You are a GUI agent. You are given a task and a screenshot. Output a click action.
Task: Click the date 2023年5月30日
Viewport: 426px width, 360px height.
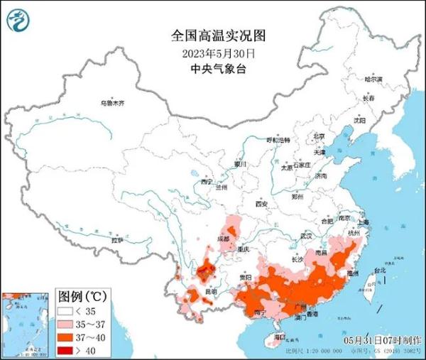(213, 53)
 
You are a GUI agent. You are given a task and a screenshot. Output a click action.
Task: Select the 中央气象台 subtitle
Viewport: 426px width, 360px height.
(213, 68)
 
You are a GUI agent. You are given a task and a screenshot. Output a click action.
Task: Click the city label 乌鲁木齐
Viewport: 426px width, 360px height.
(111, 104)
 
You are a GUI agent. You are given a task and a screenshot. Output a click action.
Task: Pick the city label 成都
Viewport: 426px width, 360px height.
(224, 239)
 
